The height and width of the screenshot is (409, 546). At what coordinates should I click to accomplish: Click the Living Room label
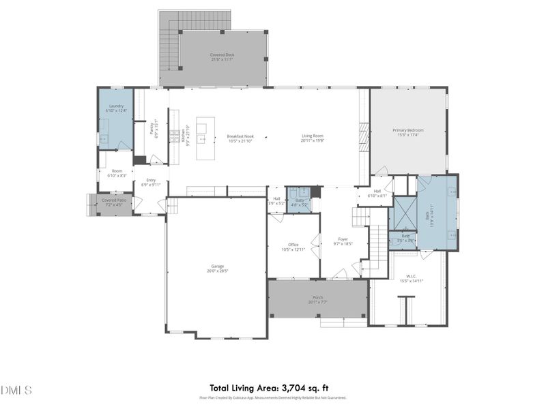313,136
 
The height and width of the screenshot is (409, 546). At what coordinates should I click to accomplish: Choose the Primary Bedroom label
407,130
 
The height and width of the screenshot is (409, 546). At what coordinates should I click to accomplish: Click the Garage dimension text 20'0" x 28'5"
217,271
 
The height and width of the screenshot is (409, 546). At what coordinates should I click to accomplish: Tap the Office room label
293,245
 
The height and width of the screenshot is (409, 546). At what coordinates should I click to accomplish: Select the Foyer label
343,239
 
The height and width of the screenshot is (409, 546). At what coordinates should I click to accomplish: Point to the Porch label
317,297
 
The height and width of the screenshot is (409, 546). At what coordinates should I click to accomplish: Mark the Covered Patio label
113,200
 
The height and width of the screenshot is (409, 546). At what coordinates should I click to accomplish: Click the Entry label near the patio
151,180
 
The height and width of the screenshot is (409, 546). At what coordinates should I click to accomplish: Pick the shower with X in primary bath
402,213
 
